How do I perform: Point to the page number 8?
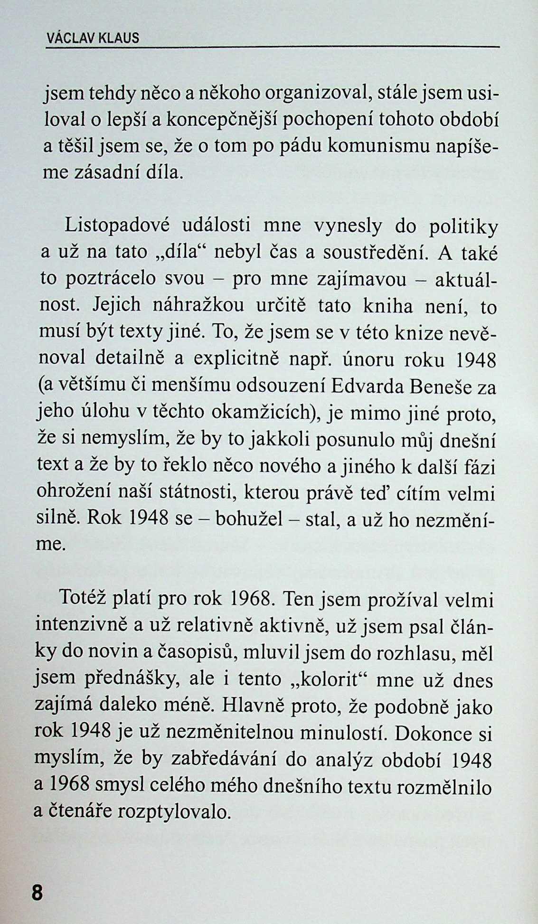37,893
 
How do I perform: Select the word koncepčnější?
219,121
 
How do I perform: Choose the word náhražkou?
198,305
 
